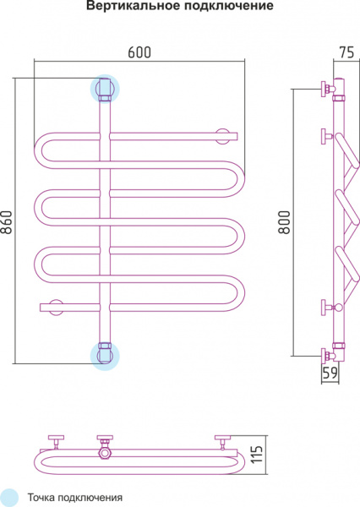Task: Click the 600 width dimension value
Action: [139, 52]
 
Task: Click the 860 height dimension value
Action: [7, 222]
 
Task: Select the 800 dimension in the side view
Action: [285, 222]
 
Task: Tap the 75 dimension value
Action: [347, 52]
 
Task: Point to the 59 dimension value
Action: [330, 373]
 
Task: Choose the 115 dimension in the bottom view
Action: [257, 455]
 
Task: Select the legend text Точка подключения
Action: [74, 498]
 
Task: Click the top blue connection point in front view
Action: [105, 89]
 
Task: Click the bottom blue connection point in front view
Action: [105, 356]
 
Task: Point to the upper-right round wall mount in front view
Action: [222, 136]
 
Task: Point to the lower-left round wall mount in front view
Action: [56, 308]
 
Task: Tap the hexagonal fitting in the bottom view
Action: [105, 453]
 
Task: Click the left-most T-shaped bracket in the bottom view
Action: [56, 442]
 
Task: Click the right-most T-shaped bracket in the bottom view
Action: [222, 442]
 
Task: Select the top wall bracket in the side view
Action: [327, 89]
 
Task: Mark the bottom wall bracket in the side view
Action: [327, 356]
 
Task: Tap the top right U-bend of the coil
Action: [239, 179]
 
